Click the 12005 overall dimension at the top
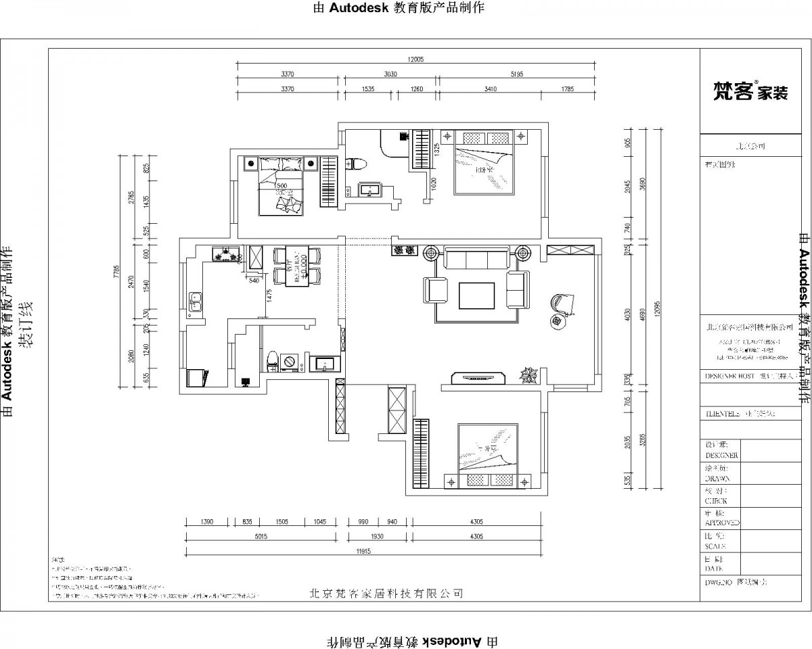415,59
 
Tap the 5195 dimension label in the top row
516,74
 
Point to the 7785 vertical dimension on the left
117,272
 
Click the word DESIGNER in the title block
722,456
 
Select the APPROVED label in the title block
722,523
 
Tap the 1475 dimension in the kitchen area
269,295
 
